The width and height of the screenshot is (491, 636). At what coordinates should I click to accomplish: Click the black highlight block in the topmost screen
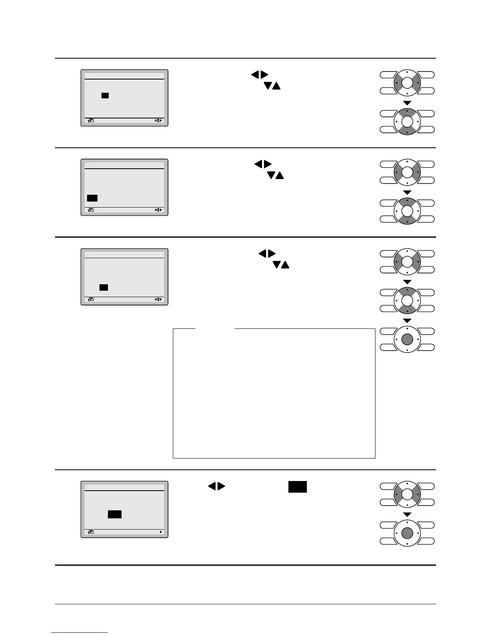pos(105,96)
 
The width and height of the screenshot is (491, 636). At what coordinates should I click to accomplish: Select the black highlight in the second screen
pos(92,198)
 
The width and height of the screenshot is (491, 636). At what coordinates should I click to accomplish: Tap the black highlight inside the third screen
pos(104,287)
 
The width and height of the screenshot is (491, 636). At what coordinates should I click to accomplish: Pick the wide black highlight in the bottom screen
pos(115,514)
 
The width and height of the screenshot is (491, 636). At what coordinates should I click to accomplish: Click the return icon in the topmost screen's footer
pos(91,120)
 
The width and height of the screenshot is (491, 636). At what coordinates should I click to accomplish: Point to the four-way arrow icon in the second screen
pos(158,210)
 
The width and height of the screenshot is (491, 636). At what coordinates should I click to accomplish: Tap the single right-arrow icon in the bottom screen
pos(161,532)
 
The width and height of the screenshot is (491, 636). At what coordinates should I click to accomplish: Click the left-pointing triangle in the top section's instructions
pos(254,75)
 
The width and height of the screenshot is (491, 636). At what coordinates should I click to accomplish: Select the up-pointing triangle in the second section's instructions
pos(280,175)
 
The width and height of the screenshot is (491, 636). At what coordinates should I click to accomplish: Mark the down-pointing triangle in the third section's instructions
pos(276,265)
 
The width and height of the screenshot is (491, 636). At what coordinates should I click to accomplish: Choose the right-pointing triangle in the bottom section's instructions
pos(221,486)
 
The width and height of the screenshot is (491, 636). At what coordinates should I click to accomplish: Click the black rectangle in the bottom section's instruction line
pos(297,487)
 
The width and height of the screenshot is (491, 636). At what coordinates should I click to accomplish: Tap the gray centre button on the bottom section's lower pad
pos(407,533)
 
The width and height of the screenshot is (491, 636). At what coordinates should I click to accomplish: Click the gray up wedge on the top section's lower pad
pos(407,113)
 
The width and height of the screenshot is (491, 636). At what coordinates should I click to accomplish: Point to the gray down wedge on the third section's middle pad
pos(407,310)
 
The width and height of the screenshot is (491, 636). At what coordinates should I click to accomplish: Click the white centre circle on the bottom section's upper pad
pos(407,494)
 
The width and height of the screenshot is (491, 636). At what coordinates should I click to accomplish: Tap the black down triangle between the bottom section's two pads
pos(407,514)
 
